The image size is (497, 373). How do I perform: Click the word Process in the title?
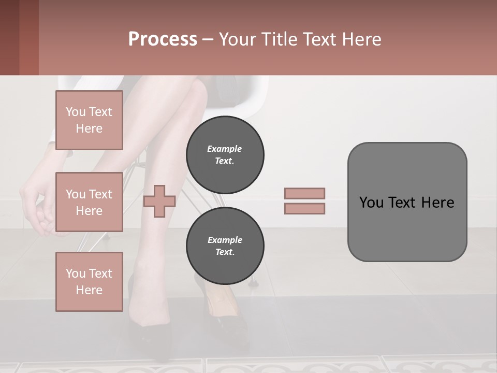click(x=163, y=39)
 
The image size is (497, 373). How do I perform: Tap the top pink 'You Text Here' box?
click(x=89, y=120)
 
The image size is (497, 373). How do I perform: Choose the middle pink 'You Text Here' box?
click(x=89, y=202)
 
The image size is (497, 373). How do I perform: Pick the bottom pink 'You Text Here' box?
click(x=89, y=281)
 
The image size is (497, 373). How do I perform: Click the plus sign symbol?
click(x=159, y=201)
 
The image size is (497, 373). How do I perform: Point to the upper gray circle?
click(x=225, y=154)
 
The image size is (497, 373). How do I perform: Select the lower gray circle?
click(x=225, y=246)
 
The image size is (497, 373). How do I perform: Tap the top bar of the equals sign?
click(x=305, y=193)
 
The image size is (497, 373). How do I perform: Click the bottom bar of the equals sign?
click(x=305, y=208)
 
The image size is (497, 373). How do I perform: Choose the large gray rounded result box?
click(x=407, y=202)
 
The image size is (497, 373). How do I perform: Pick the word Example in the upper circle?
click(x=224, y=149)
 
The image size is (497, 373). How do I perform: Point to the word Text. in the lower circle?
click(x=225, y=252)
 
